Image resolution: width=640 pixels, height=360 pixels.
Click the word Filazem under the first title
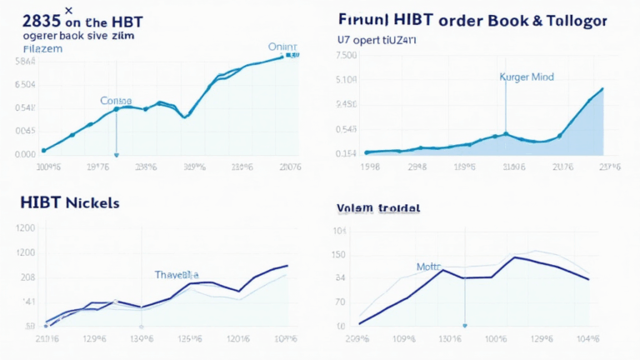pyautogui.click(x=32, y=49)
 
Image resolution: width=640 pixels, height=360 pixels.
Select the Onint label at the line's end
pyautogui.click(x=282, y=47)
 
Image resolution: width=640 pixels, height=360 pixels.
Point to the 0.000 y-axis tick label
pyautogui.click(x=25, y=154)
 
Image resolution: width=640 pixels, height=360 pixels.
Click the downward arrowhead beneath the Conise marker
pyautogui.click(x=117, y=154)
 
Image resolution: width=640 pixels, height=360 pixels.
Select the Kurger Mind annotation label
pyautogui.click(x=526, y=77)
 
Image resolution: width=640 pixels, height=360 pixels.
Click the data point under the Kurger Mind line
pyautogui.click(x=506, y=133)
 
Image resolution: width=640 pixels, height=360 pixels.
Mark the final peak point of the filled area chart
pyautogui.click(x=602, y=88)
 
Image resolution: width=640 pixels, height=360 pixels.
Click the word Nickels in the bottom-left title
pyautogui.click(x=88, y=202)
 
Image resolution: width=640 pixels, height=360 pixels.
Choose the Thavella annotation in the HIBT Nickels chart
pyautogui.click(x=177, y=273)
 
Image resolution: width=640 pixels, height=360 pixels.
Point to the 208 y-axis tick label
pyautogui.click(x=27, y=277)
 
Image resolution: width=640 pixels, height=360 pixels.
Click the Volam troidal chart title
pyautogui.click(x=378, y=207)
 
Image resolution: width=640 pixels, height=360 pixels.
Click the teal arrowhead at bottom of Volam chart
pyautogui.click(x=464, y=326)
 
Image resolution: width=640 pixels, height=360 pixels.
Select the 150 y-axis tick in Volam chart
pyautogui.click(x=340, y=255)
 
